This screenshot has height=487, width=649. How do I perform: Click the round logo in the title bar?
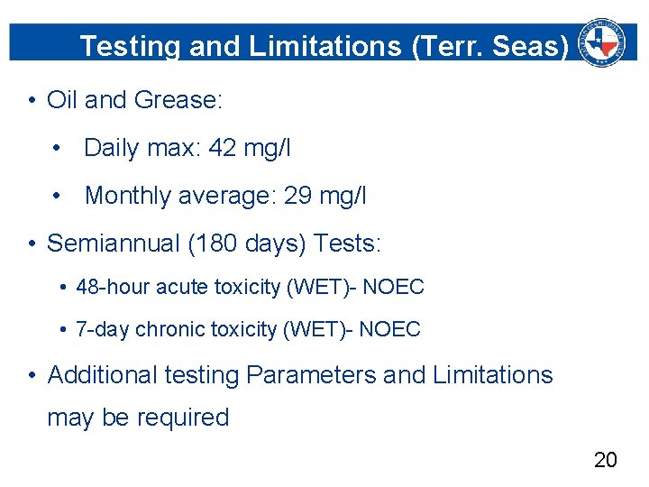[601, 41]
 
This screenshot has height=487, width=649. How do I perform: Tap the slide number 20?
[606, 460]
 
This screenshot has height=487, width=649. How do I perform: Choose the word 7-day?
[103, 330]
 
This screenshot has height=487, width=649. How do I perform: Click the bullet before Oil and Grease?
[32, 100]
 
